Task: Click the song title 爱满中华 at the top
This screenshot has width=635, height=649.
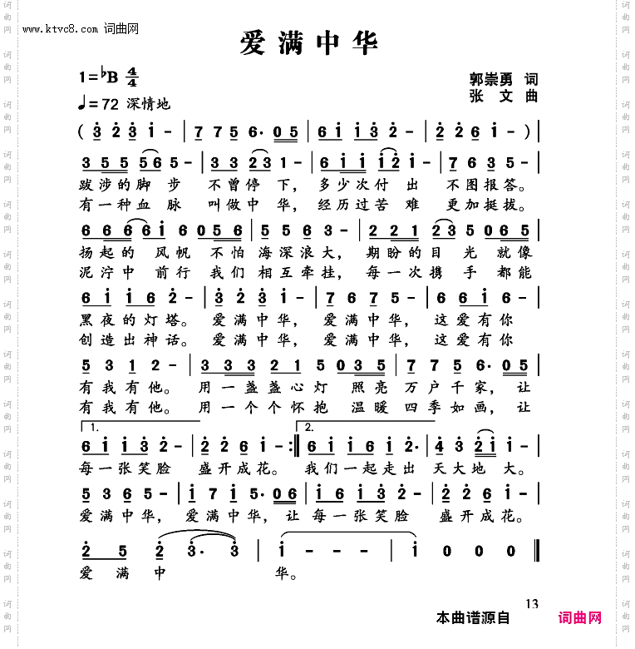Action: point(309,43)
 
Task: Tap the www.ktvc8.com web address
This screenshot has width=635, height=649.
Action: point(62,29)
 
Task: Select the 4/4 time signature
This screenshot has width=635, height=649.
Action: point(131,79)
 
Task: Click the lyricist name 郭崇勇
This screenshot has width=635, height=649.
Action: point(490,79)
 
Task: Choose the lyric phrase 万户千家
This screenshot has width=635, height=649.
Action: point(456,387)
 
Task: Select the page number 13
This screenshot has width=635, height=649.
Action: point(533,603)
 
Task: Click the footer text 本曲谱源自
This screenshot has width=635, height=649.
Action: point(472,618)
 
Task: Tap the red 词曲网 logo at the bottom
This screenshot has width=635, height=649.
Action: point(580,618)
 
